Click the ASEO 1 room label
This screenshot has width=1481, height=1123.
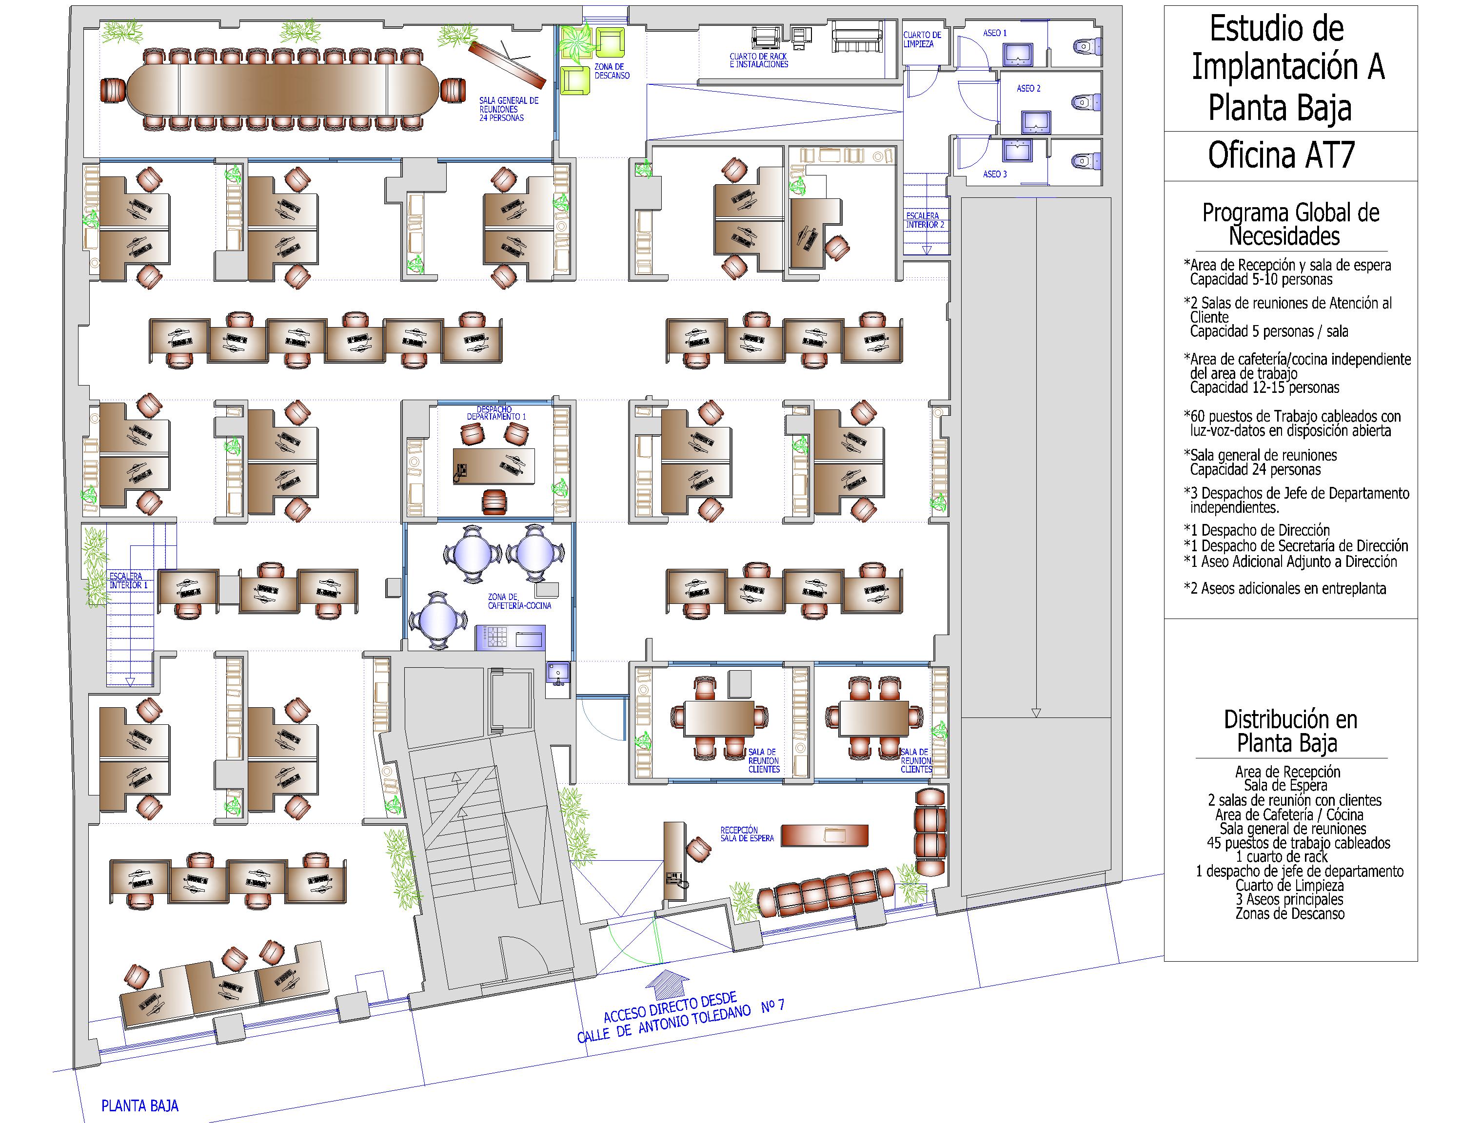(x=994, y=33)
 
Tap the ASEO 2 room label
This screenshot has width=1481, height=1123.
(x=1028, y=88)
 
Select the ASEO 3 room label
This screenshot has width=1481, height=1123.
(x=994, y=174)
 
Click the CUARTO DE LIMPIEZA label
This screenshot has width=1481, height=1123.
(x=922, y=39)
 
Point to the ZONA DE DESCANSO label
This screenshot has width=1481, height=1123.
(x=612, y=71)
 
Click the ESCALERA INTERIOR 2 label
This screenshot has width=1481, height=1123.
(x=925, y=220)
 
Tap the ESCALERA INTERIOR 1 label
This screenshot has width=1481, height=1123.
(x=129, y=580)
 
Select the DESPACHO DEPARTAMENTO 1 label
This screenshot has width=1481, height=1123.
(x=496, y=413)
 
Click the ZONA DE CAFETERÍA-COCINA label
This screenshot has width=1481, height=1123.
(x=519, y=601)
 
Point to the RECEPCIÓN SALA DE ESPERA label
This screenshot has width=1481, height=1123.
(x=747, y=834)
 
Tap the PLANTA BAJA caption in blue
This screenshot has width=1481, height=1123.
(x=140, y=1105)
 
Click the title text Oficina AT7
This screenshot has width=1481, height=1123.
(x=1281, y=155)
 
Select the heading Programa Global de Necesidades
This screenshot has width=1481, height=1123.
(x=1290, y=224)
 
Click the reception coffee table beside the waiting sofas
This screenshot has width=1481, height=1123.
(x=825, y=835)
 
